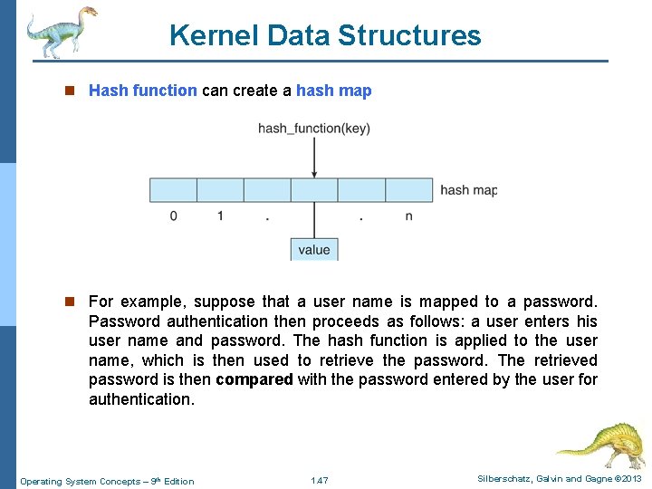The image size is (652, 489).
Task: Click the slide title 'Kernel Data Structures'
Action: point(325,35)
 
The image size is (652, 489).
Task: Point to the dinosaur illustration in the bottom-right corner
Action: point(599,444)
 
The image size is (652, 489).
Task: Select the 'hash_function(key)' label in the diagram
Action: point(313,129)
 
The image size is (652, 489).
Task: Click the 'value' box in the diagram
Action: point(313,249)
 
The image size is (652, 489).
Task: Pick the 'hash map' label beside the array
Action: point(468,190)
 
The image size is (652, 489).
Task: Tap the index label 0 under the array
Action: point(173,216)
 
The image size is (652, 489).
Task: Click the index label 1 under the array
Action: point(220,216)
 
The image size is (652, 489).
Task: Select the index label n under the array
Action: point(408,216)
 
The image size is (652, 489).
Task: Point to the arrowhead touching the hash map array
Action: point(314,173)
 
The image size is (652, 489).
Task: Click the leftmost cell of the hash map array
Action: point(173,190)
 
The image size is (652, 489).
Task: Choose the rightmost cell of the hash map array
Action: point(408,190)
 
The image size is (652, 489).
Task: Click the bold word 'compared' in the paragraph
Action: point(254,379)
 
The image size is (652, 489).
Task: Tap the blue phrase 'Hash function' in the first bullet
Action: point(142,91)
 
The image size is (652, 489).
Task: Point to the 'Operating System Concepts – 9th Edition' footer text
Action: point(107,481)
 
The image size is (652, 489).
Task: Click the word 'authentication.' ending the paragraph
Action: point(141,399)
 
